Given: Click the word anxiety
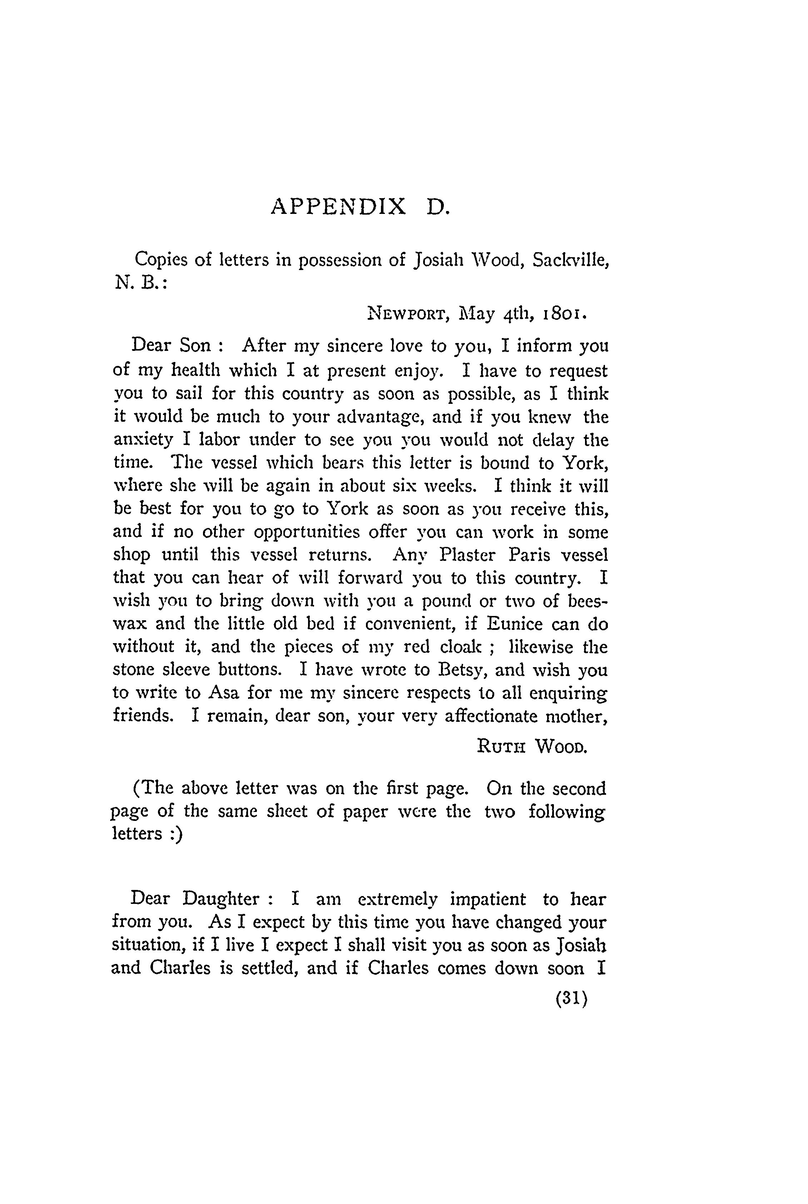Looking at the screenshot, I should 143,440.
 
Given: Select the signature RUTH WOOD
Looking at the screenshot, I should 532,746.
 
